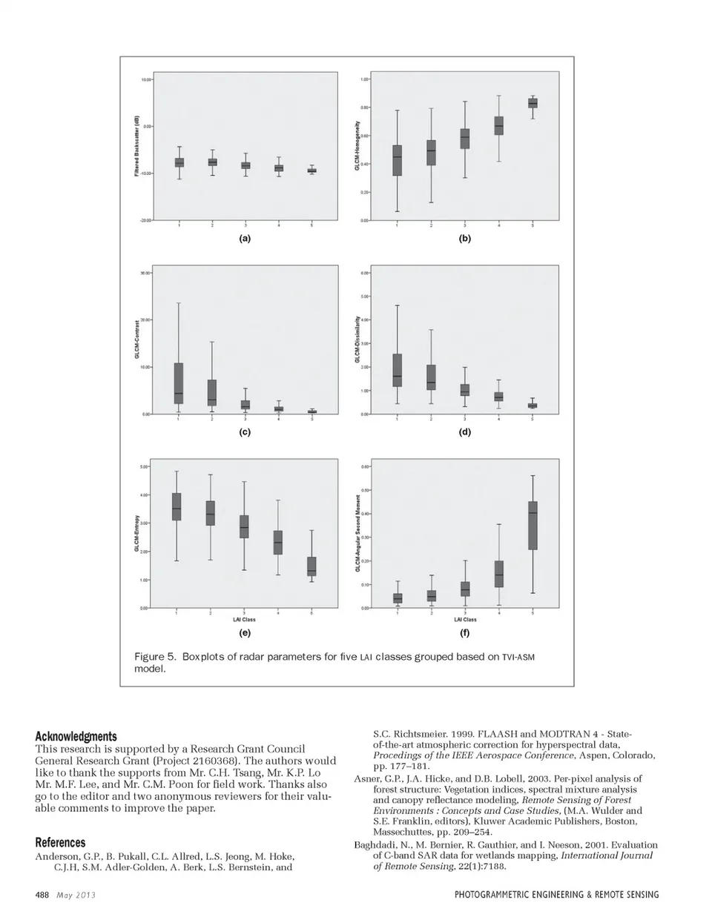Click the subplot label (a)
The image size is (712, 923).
point(245,239)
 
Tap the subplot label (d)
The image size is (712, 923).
point(464,432)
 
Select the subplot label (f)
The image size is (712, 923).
point(464,633)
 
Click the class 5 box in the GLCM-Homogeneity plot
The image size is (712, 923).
point(533,103)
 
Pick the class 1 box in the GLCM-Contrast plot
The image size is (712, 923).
point(179,383)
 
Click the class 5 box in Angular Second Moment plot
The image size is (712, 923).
point(533,525)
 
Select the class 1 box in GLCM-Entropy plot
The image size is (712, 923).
point(177,506)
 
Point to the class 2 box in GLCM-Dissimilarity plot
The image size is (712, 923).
point(431,377)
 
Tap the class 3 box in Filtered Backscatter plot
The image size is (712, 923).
point(245,165)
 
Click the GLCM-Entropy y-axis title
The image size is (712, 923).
point(137,534)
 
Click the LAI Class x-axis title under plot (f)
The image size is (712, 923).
point(464,620)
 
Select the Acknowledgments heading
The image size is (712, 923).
point(76,736)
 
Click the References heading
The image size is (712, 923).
point(60,843)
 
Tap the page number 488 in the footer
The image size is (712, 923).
point(42,895)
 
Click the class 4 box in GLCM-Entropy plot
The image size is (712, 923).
point(277,543)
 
